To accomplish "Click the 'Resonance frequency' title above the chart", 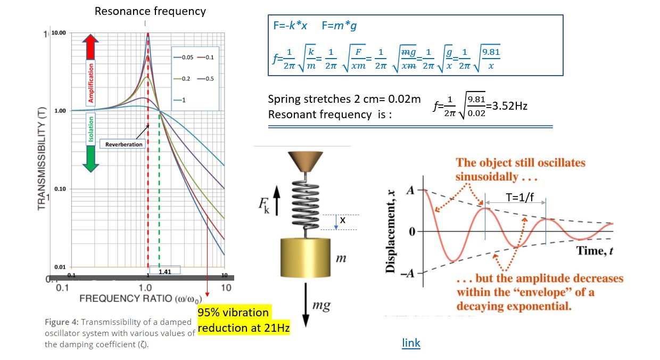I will (x=150, y=11).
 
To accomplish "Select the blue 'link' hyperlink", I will (x=411, y=343).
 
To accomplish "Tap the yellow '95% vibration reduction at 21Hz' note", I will (x=243, y=320).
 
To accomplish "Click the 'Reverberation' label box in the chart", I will (x=124, y=144).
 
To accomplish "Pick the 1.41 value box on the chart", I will (x=165, y=272).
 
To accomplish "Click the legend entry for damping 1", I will (x=181, y=100).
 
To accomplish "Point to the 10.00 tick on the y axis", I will (x=60, y=33).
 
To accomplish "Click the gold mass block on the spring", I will (x=303, y=261).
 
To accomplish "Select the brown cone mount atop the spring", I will (x=305, y=160).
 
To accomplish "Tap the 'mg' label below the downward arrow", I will (x=321, y=306).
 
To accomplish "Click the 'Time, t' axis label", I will (x=595, y=251).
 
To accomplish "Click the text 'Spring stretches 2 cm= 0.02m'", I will (x=344, y=100).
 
